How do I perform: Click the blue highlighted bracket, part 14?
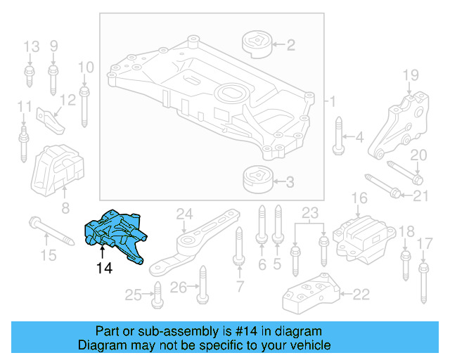(x=115, y=233)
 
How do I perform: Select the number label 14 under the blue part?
(x=104, y=268)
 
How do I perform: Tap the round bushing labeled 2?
(x=257, y=46)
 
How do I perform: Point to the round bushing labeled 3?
(x=257, y=181)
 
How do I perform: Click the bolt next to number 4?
(x=338, y=136)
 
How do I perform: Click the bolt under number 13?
(x=30, y=77)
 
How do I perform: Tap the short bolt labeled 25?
(x=157, y=296)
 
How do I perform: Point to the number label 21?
(x=420, y=195)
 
